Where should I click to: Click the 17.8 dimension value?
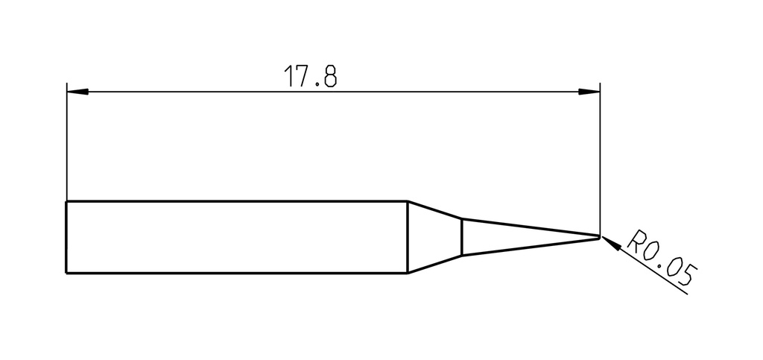tap(310, 76)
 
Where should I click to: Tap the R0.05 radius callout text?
tap(662, 257)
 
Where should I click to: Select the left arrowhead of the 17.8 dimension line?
tap(77, 92)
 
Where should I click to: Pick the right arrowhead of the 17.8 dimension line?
tap(589, 92)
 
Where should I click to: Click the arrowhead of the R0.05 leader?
tap(612, 244)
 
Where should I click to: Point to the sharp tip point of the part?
tap(599, 237)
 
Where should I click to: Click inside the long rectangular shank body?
tap(236, 238)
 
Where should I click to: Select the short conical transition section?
tap(434, 238)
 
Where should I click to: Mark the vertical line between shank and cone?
tap(408, 238)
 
